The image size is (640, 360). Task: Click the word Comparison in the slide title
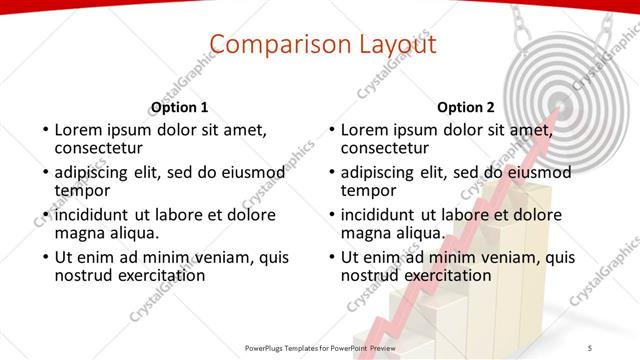261,44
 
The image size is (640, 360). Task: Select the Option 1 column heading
179,108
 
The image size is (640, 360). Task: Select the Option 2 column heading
465,108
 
